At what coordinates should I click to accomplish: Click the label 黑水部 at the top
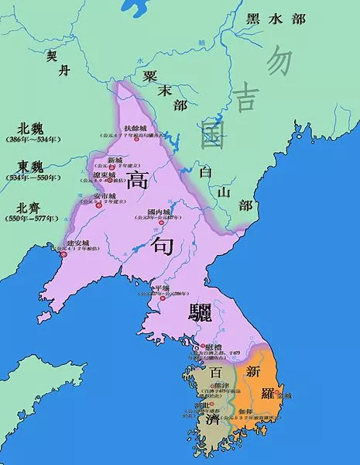pos(280,19)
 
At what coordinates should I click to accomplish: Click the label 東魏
pos(32,166)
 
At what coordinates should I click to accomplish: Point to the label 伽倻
pos(242,414)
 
